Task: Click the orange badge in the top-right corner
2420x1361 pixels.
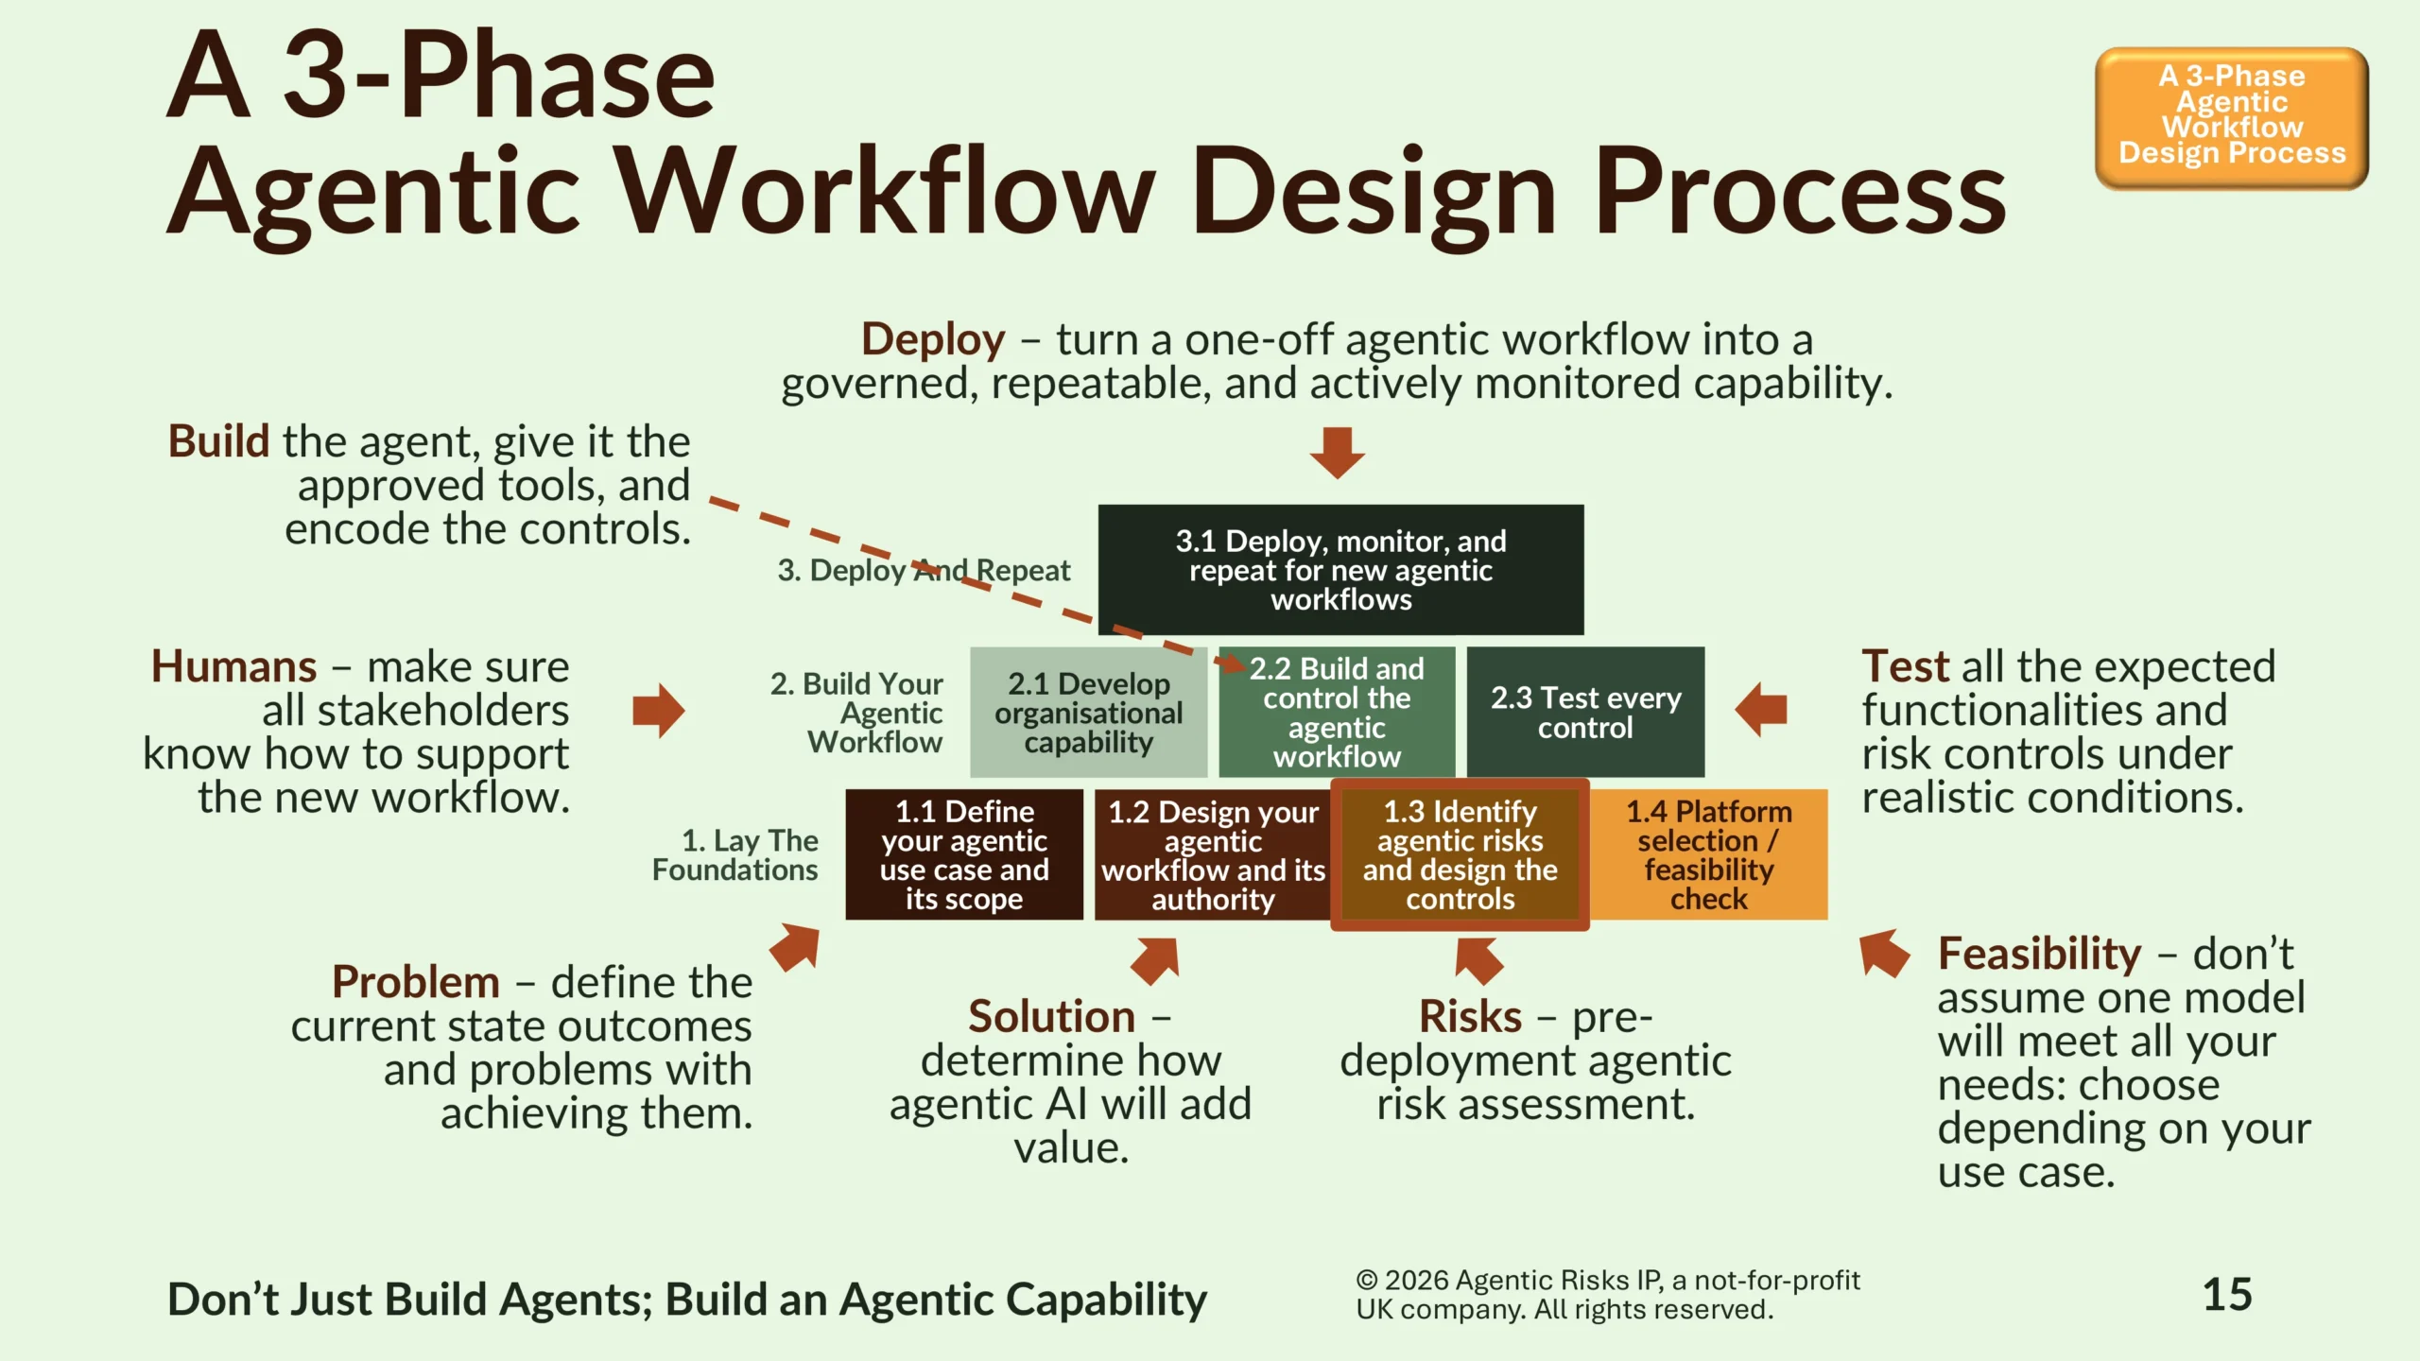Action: pyautogui.click(x=2231, y=118)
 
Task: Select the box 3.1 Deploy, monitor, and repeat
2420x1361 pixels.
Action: pyautogui.click(x=1340, y=569)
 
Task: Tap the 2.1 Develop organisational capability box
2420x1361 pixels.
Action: pyautogui.click(x=1088, y=712)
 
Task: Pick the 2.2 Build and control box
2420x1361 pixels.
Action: pyautogui.click(x=1337, y=712)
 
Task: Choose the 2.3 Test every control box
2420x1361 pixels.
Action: pyautogui.click(x=1585, y=712)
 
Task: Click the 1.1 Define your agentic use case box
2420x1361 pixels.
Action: pyautogui.click(x=964, y=854)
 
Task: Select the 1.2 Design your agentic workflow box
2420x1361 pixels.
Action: pyautogui.click(x=1213, y=854)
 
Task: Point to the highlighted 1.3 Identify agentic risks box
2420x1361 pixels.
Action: pyautogui.click(x=1460, y=854)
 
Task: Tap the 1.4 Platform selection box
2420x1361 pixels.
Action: pyautogui.click(x=1708, y=854)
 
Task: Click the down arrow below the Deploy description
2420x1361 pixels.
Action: pyautogui.click(x=1337, y=452)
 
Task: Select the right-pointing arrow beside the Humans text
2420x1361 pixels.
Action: pyautogui.click(x=659, y=710)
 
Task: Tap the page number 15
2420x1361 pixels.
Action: pyautogui.click(x=2227, y=1294)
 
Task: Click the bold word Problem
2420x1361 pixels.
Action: pyautogui.click(x=415, y=982)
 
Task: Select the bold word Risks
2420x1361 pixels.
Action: pyautogui.click(x=1470, y=1017)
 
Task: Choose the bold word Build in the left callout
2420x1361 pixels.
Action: pyautogui.click(x=218, y=441)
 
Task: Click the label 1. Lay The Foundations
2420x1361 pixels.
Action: pyautogui.click(x=735, y=854)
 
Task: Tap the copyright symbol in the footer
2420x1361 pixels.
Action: pyautogui.click(x=1366, y=1280)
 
